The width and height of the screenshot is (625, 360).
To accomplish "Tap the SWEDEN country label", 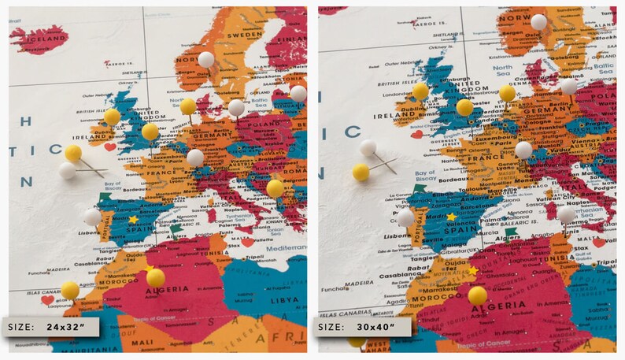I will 245,35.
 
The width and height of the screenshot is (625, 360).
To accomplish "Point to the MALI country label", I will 142,343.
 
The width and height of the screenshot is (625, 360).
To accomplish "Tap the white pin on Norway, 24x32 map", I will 206,58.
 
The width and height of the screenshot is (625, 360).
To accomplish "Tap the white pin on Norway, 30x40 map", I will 538,22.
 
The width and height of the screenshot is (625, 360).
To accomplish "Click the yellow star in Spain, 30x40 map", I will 451,217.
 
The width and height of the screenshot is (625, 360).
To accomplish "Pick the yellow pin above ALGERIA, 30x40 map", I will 478,295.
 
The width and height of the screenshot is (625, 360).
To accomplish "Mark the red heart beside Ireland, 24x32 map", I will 110,147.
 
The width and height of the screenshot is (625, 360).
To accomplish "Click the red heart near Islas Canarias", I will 47,299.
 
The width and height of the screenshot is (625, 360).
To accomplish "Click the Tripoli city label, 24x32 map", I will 254,258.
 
